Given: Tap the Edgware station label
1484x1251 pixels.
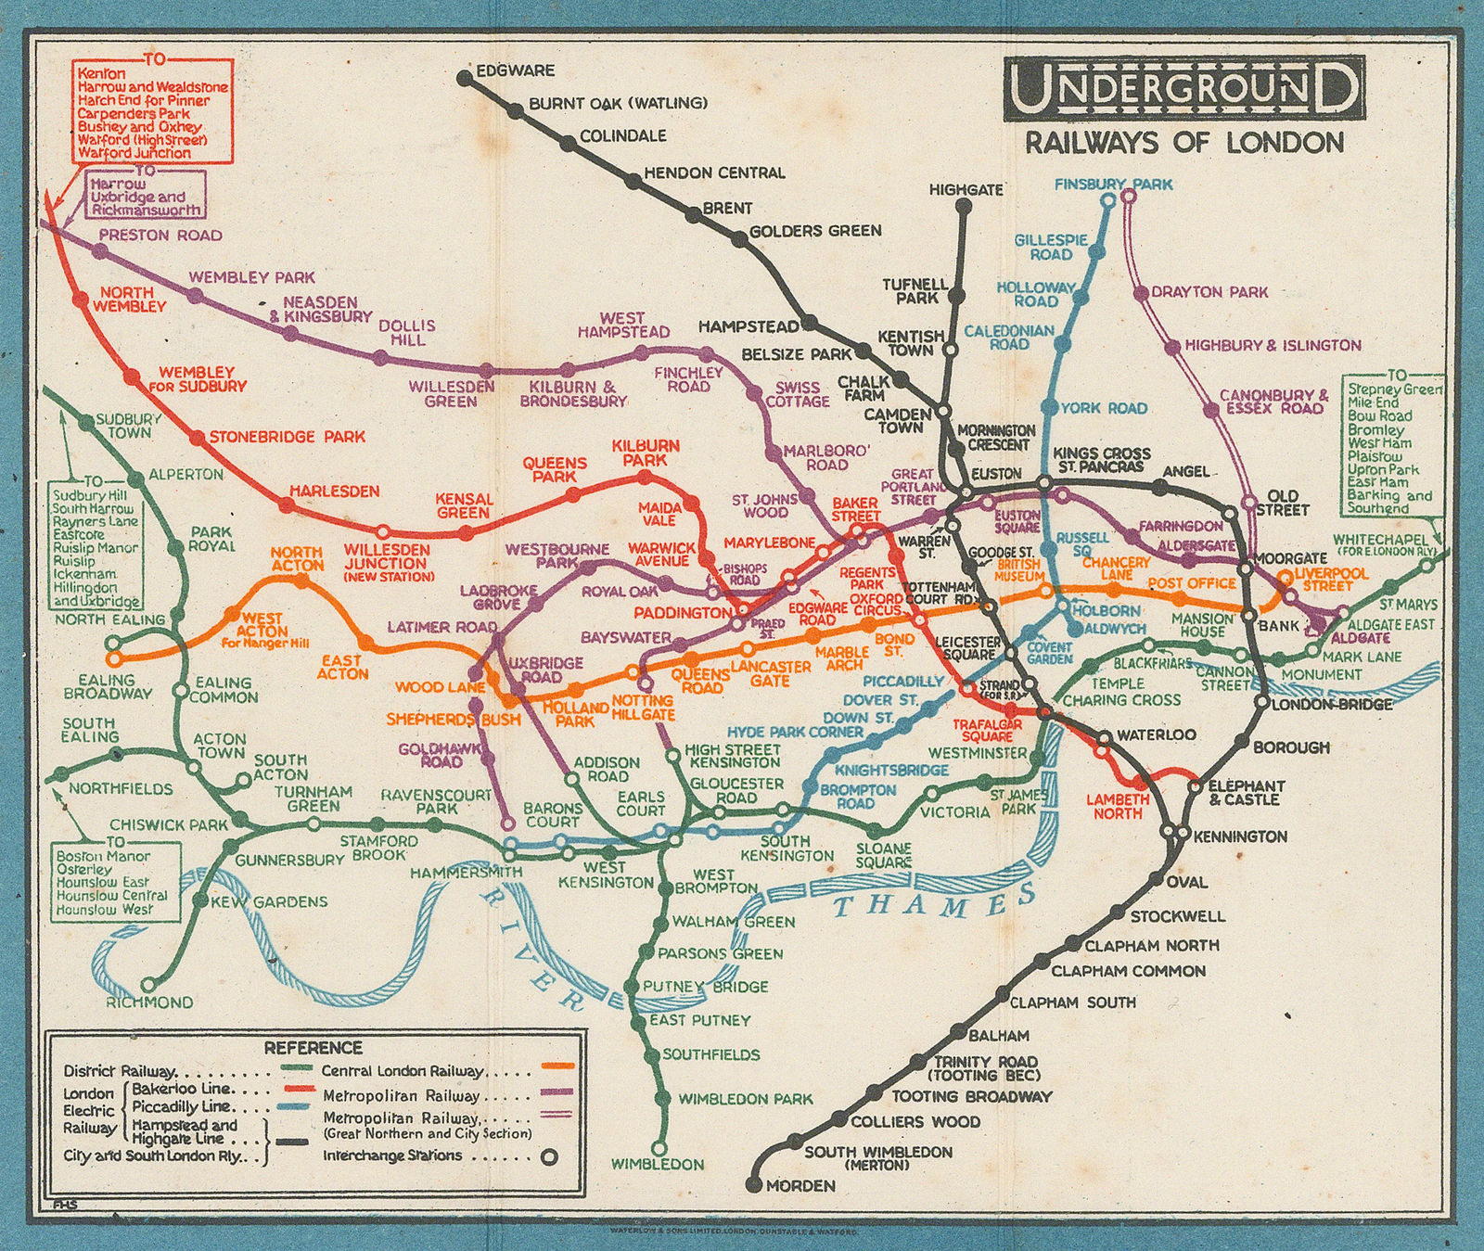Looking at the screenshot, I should coord(515,70).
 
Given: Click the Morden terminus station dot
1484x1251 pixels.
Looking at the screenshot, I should coord(752,1185).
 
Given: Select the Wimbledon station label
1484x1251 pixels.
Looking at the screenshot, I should coord(658,1164).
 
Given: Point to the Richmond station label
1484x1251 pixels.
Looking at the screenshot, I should coord(149,1002).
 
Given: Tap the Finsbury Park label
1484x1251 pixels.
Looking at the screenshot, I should coord(1113,185).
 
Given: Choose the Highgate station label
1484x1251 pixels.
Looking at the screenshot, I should coord(966,190).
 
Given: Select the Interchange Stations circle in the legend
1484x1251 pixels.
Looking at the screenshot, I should coord(550,1156).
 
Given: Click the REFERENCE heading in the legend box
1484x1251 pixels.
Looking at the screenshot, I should coord(313,1048).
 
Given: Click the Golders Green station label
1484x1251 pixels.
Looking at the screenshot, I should coord(814,230).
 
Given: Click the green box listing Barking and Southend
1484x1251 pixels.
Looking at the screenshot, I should coord(1395,442).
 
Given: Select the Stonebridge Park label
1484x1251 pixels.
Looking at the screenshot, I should coord(287,437).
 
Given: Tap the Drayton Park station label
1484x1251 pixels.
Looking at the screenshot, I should coord(1209,292).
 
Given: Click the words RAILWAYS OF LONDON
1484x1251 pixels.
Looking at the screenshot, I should coord(1183,143).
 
